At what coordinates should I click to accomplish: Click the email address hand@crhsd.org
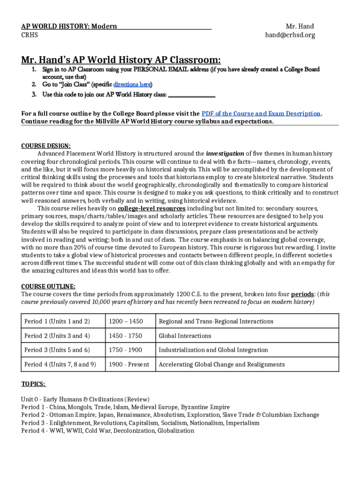(290, 35)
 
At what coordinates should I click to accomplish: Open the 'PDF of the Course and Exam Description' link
(261, 114)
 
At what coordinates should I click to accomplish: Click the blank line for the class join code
(191, 95)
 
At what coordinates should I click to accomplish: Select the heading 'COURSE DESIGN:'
(46, 145)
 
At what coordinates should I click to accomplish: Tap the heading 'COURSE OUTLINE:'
(48, 286)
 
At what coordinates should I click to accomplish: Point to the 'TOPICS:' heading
(33, 384)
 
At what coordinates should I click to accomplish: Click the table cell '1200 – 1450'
(126, 321)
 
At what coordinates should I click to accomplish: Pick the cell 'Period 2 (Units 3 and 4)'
(57, 336)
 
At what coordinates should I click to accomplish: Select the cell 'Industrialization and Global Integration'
(213, 350)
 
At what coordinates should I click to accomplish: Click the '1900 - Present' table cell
(129, 364)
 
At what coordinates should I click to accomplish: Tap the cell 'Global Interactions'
(185, 336)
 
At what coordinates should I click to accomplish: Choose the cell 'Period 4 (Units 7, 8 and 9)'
(60, 364)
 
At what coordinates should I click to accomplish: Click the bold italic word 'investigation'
(225, 153)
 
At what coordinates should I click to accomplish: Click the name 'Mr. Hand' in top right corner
(300, 26)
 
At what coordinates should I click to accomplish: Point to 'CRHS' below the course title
(29, 35)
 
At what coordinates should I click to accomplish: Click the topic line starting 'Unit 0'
(85, 399)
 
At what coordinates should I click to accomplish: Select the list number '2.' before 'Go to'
(34, 85)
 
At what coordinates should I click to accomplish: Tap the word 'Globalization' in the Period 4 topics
(175, 430)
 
